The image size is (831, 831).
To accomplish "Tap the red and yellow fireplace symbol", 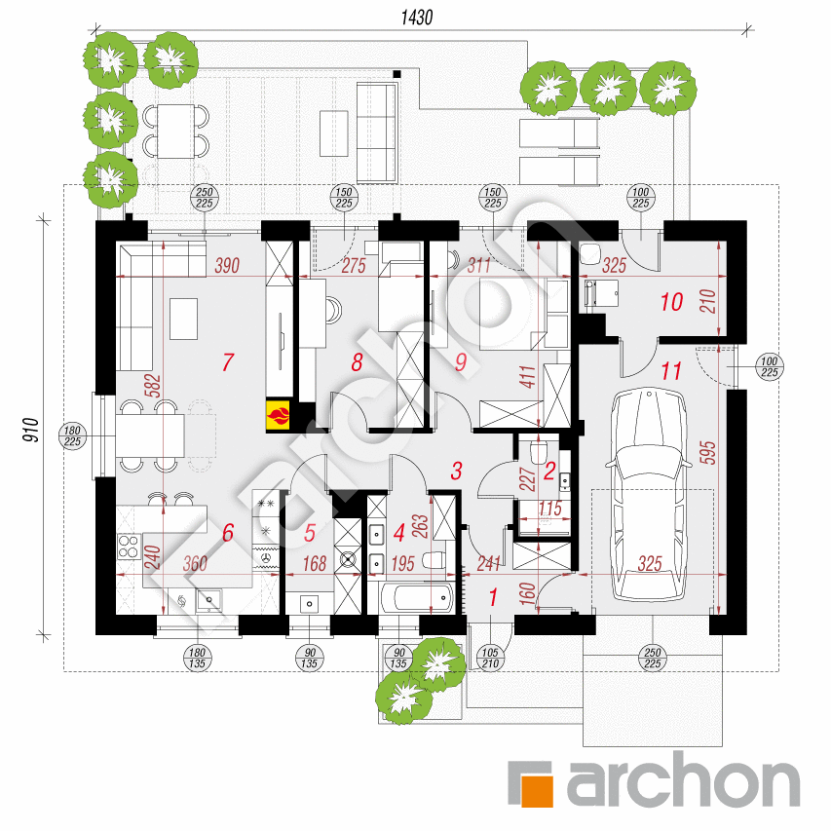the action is coord(279,413).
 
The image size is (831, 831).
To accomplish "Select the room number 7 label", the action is coord(228,362).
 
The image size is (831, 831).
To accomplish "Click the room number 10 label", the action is coord(671,302).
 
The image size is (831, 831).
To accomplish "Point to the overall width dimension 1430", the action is coord(417,18).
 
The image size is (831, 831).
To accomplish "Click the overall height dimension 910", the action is coord(31,430).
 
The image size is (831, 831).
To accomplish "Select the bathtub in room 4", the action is coord(418,598).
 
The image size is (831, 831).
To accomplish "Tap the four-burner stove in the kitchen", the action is coord(129,547).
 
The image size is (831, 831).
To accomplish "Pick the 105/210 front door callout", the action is coord(490,658).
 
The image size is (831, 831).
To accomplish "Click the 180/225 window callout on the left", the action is coord(72,435).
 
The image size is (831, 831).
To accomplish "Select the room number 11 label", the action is coord(671,371).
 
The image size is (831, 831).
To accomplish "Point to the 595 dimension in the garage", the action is coord(708,453).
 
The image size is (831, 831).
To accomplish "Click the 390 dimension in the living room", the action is coord(227,265).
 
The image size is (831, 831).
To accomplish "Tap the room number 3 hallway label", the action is coord(456,471).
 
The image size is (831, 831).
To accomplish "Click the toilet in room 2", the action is coord(538,450).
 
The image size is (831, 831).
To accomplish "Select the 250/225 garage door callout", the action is coord(653,658).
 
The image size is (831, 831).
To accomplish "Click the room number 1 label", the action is coord(493,597).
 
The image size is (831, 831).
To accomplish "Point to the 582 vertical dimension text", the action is coord(153,386).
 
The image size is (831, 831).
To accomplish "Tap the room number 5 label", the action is coord(310,533).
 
